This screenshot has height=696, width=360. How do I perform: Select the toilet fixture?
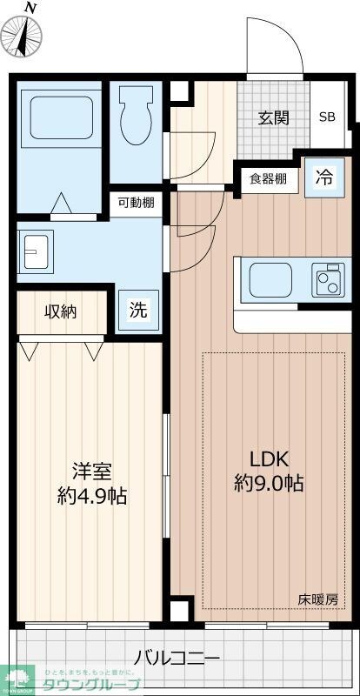137,117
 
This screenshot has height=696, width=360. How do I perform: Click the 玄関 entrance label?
272,118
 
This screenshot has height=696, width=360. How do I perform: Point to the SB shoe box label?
327,118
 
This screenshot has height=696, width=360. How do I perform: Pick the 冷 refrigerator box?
323,177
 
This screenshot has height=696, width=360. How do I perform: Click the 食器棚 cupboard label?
268,179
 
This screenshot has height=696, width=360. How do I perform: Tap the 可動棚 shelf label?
137,203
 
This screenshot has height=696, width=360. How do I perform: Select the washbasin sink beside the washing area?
37,252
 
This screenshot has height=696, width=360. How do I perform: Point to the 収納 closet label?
62,311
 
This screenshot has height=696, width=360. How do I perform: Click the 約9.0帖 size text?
269,484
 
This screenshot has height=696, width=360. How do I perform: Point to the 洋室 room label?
91,472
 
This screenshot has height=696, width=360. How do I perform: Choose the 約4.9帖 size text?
91,497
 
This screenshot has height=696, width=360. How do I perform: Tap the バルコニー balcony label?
177,657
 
